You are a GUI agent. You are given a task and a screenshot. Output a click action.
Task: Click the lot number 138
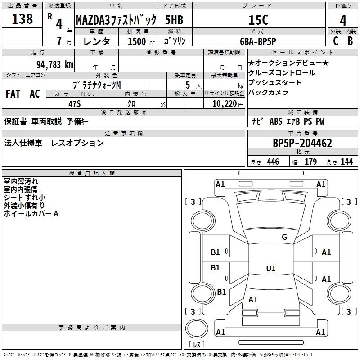(x=22, y=18)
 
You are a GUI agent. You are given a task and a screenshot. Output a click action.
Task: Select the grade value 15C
(x=258, y=20)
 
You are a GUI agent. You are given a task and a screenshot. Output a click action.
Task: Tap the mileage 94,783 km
(x=55, y=65)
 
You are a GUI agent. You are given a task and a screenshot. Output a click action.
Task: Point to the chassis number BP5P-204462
(x=302, y=143)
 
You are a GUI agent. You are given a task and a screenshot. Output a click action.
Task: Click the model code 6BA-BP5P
(x=258, y=41)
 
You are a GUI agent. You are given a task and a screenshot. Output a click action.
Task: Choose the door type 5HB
(x=174, y=20)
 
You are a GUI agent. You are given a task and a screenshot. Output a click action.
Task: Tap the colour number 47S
(x=75, y=104)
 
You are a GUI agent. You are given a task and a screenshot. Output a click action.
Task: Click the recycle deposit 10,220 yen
(x=228, y=104)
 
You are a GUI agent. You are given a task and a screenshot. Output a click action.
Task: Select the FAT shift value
(x=13, y=94)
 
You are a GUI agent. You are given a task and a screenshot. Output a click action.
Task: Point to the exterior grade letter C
(x=336, y=41)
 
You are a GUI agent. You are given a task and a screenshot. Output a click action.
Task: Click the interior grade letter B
(x=350, y=41)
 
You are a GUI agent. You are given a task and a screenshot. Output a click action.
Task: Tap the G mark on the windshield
(x=284, y=237)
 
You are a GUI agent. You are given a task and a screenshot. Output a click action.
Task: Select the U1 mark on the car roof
(x=271, y=268)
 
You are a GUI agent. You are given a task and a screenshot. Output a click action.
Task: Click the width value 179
(x=310, y=162)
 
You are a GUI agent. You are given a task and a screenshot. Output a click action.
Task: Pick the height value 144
(x=346, y=162)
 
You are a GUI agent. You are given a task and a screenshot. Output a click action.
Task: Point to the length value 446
(x=273, y=162)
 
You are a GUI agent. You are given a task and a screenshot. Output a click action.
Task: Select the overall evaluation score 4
(x=343, y=21)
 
